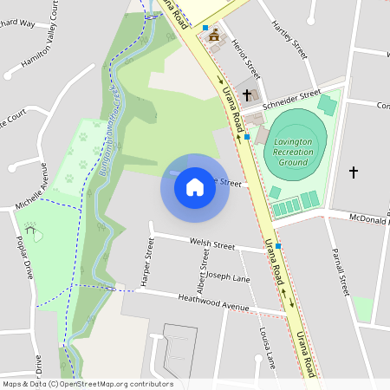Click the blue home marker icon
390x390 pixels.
pyautogui.click(x=195, y=187)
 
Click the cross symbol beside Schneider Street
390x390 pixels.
pyautogui.click(x=247, y=94)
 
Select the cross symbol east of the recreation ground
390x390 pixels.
pyautogui.click(x=353, y=172)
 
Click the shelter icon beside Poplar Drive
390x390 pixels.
pyautogui.click(x=33, y=232)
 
